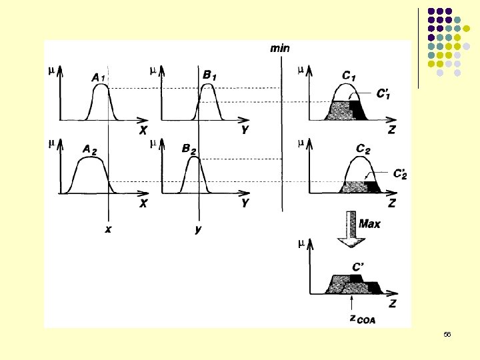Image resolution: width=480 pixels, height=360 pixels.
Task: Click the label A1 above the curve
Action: (97, 78)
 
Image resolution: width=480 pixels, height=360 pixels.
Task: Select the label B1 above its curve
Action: (209, 75)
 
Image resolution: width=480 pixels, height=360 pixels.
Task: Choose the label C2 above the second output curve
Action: (363, 149)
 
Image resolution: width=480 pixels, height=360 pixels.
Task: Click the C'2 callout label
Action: (401, 174)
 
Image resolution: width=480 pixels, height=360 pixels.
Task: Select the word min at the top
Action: (279, 47)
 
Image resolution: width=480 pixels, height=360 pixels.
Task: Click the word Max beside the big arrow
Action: (369, 224)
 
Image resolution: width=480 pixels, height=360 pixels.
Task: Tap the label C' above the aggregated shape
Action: (358, 266)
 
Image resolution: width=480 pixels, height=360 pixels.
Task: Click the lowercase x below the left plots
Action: (108, 229)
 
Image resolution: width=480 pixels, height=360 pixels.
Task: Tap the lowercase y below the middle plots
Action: (198, 229)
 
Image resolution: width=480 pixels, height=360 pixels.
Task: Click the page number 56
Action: (447, 334)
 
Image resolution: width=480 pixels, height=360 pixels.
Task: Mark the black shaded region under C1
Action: (358, 110)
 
